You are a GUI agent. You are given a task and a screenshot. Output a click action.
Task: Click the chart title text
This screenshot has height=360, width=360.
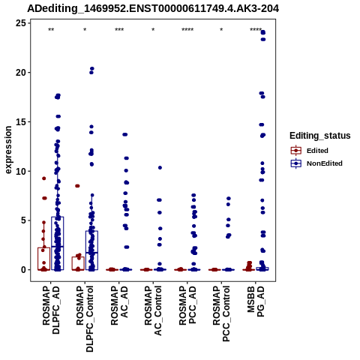(153, 9)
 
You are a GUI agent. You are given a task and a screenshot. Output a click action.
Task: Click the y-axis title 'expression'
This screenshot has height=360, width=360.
(8, 150)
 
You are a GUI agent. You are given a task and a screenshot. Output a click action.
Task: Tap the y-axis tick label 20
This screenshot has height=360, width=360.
(21, 73)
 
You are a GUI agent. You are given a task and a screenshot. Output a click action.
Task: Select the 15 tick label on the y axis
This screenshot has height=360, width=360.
(21, 121)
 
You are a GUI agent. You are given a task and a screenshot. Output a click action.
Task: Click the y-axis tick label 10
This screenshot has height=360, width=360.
(21, 171)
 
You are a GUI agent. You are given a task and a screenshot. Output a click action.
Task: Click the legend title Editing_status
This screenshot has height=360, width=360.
(320, 136)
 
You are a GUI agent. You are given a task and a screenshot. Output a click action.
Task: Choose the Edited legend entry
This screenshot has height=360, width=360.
(310, 151)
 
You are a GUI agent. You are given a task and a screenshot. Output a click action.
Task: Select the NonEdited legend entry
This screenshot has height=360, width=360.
(316, 163)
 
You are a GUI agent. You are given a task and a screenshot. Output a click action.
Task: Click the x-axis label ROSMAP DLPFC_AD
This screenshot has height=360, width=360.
(51, 310)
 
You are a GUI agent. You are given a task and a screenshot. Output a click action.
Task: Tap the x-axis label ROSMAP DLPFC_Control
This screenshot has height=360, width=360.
(85, 319)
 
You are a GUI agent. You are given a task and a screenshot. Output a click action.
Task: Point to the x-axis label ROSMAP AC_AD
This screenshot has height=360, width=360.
(119, 305)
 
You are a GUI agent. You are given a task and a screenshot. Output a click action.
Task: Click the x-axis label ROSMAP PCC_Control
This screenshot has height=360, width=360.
(221, 313)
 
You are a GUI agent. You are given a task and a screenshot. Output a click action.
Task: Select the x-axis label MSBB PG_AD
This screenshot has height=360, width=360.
(256, 301)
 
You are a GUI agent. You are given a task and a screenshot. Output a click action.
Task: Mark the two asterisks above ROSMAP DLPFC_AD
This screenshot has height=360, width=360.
(51, 30)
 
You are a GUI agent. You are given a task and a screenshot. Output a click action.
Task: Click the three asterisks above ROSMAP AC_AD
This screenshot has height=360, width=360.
(119, 30)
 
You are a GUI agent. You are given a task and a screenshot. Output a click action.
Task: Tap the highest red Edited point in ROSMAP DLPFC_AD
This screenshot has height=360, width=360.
(44, 178)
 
